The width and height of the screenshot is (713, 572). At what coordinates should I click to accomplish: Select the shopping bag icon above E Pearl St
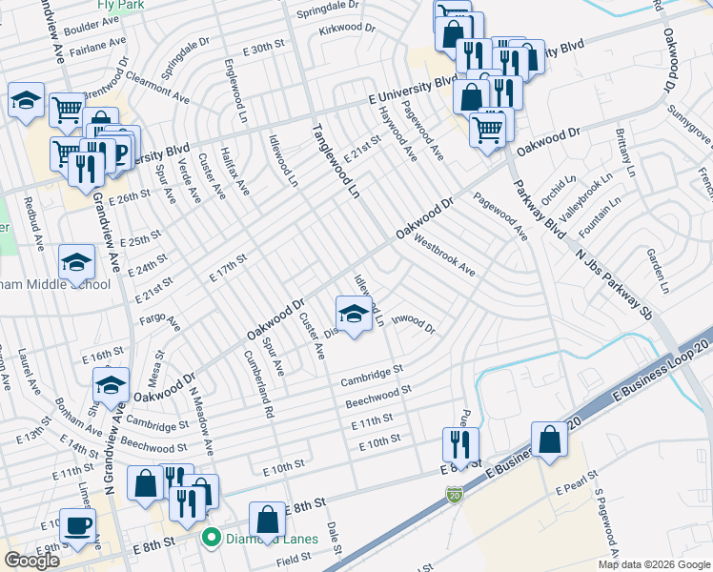point(550,439)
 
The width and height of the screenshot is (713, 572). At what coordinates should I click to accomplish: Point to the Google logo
point(31,561)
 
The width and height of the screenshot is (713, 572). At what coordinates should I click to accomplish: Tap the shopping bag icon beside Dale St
point(268,520)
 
